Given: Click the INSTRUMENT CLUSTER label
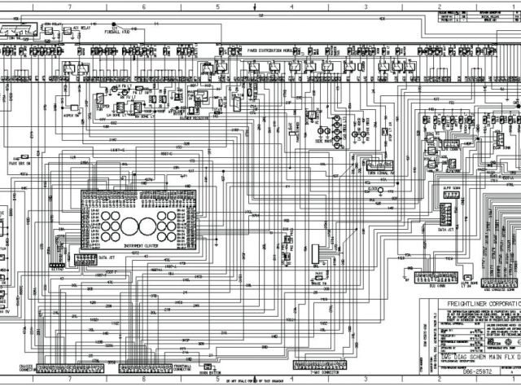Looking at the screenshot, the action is pyautogui.click(x=139, y=245).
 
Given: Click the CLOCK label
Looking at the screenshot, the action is pyautogui.click(x=375, y=190).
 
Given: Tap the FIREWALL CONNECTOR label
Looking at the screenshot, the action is pyautogui.click(x=182, y=345).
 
